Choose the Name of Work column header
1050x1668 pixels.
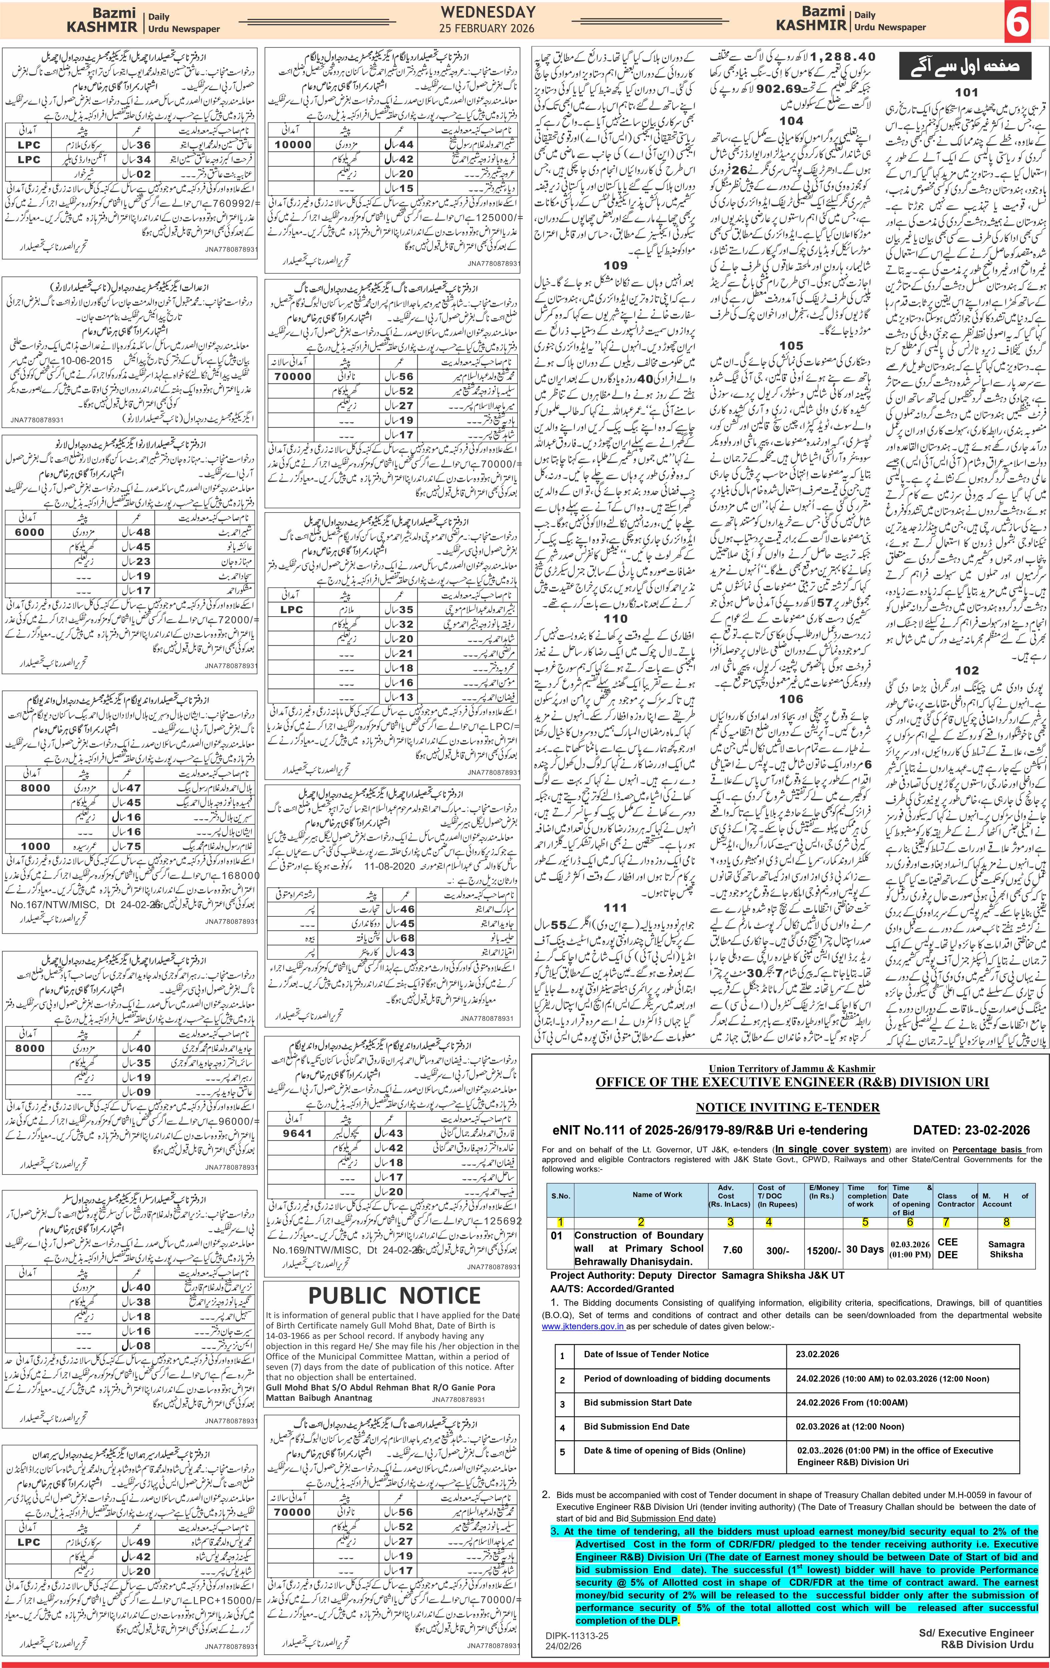click(657, 1194)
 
